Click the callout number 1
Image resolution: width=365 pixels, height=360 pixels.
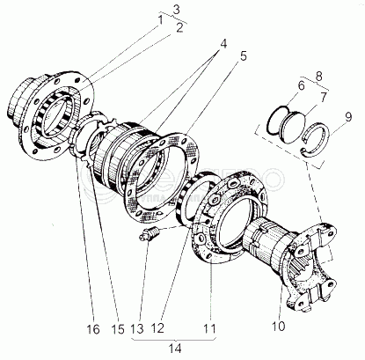pos(160,20)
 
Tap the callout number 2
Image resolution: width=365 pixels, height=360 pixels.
pos(179,27)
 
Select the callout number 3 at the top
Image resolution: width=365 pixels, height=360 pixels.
pos(176,10)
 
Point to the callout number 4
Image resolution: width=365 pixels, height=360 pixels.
pos(223,44)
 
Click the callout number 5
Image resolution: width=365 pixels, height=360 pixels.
pos(243,55)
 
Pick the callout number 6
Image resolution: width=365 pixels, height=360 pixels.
pos(301,85)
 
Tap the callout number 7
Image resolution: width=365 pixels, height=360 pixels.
pos(323,98)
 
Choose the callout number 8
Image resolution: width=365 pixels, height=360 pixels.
pos(319,76)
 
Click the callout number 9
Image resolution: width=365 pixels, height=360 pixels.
pos(348,117)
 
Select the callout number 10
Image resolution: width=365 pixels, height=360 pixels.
pos(278,326)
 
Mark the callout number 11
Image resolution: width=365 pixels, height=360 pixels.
pos(209,327)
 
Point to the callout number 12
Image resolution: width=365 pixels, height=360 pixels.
pos(157,327)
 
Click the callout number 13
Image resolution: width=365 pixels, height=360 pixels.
pos(137,328)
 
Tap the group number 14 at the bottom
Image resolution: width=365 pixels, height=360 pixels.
pos(175,349)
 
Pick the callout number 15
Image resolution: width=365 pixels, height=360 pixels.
pos(118,329)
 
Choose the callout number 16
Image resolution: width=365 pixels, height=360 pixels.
pos(93,329)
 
